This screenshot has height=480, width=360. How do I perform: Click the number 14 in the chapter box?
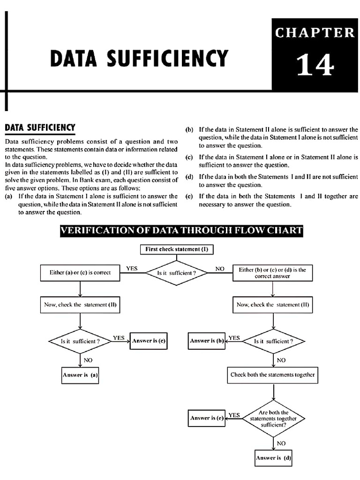click(x=315, y=65)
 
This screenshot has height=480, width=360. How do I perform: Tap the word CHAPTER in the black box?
click(x=315, y=33)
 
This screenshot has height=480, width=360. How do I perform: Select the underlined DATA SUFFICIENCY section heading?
click(x=39, y=127)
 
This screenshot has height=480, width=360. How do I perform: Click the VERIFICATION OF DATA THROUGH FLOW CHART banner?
click(x=181, y=230)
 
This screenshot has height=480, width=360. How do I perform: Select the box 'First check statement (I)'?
click(x=177, y=249)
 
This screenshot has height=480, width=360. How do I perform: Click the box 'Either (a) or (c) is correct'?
click(x=80, y=272)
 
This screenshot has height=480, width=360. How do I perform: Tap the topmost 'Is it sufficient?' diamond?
click(x=176, y=272)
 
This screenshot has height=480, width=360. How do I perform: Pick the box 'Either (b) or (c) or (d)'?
click(x=272, y=273)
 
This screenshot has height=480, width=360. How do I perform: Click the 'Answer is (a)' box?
click(x=80, y=375)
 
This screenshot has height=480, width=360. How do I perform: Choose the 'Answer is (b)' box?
click(x=207, y=341)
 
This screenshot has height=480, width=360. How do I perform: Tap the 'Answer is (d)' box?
click(x=273, y=457)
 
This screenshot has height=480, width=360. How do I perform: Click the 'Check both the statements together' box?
click(x=273, y=375)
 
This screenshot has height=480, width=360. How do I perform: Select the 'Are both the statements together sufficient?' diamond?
click(x=273, y=419)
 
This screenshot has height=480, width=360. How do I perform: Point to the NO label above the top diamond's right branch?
click(x=220, y=269)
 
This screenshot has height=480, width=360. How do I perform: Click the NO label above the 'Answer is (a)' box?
click(x=88, y=360)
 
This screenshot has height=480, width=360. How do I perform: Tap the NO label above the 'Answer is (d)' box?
click(x=281, y=442)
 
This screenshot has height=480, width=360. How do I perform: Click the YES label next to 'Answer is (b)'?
click(x=234, y=337)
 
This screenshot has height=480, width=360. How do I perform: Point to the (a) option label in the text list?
click(x=8, y=196)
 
